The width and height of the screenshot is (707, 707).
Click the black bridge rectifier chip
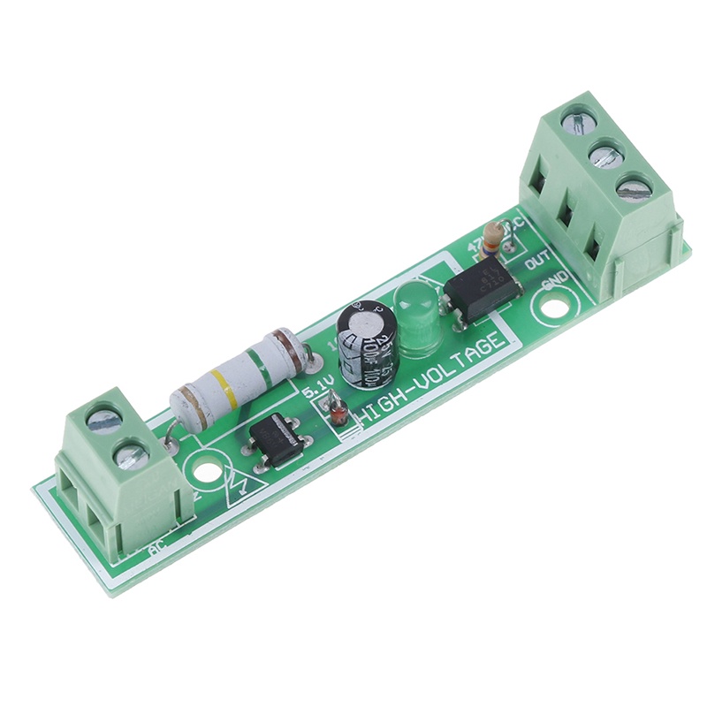coord(277,437)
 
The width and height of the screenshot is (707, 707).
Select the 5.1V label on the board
coord(318,389)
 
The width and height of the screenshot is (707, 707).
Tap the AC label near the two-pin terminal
coord(157,551)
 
